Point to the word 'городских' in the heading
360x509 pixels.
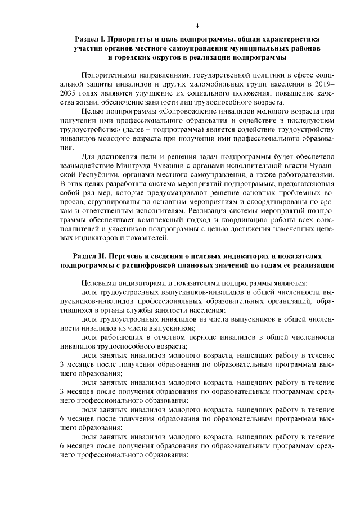click(143, 58)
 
